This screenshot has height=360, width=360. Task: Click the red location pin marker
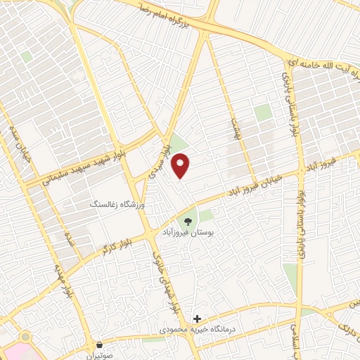(181, 165)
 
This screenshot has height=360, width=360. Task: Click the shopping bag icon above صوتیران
(101, 345)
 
